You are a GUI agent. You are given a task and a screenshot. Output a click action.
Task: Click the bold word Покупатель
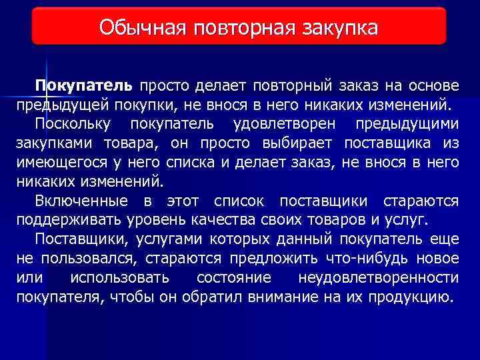(85, 86)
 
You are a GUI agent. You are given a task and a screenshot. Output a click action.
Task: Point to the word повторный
(292, 86)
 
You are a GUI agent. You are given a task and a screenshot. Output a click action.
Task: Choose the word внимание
(274, 297)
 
